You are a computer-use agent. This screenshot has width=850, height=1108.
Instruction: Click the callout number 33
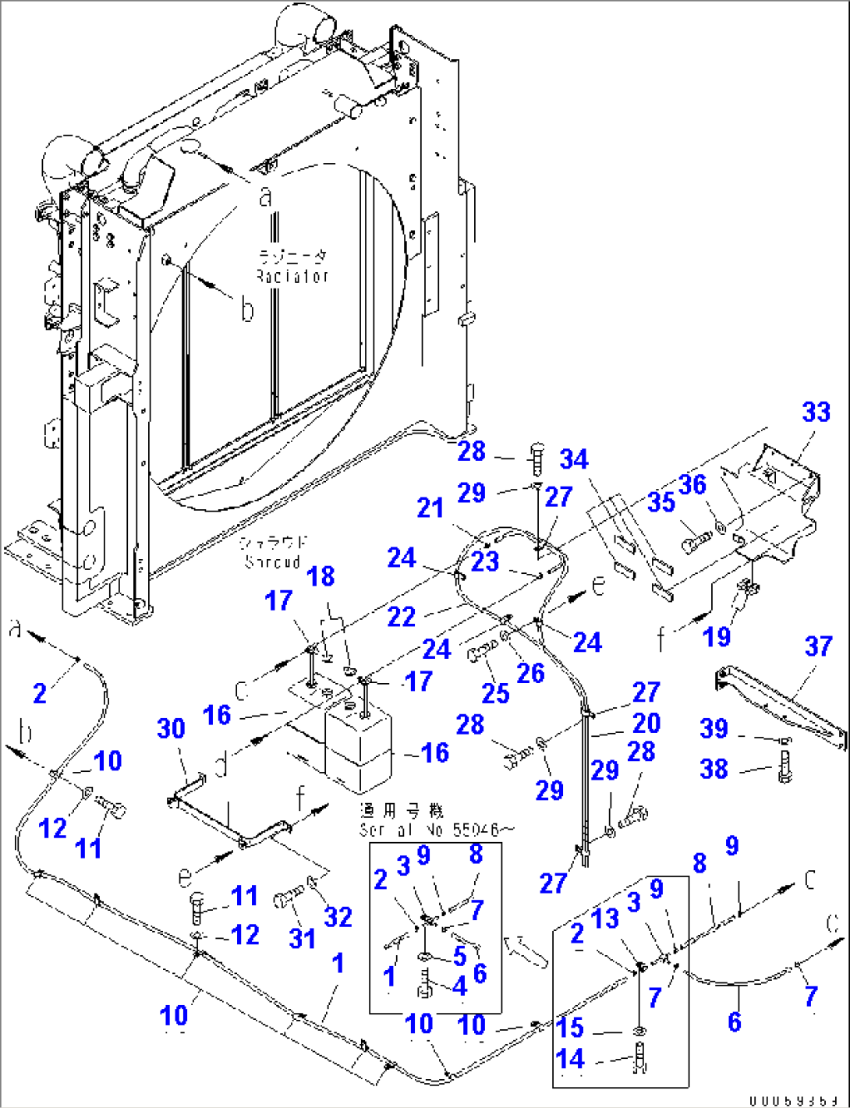pos(816,412)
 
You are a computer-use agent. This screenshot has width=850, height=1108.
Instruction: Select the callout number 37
pos(818,646)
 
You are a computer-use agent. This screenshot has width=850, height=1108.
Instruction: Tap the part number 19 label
pos(717,637)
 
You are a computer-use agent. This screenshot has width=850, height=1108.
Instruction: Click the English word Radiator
pos(292,276)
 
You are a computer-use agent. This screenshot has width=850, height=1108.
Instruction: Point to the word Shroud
pos(272,561)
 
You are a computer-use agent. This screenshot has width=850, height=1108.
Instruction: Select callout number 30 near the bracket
pos(171,729)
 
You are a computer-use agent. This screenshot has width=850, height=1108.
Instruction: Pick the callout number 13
pos(604,919)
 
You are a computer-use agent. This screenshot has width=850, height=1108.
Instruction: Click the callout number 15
pos(571,1027)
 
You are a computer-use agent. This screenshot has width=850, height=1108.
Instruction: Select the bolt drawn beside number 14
pos(640,1062)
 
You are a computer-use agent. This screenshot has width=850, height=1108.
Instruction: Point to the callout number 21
pos(430,508)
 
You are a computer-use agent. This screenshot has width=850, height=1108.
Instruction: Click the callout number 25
pos(494,692)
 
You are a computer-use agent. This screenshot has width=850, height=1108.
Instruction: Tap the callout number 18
pos(321,576)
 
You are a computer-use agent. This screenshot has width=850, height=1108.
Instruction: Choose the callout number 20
pos(646,723)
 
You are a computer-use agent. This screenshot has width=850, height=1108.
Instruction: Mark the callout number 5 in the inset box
pos(459,956)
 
